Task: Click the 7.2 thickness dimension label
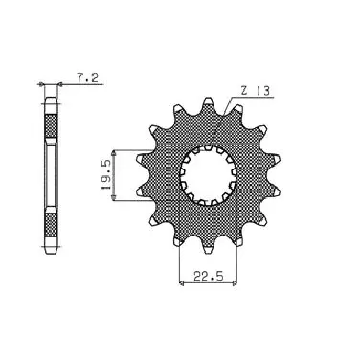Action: tap(87, 78)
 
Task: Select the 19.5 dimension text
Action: tap(105, 175)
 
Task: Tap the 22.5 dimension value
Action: tap(208, 276)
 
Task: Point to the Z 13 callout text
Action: tap(256, 91)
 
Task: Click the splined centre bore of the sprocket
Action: tap(208, 175)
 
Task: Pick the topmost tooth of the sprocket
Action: tap(208, 103)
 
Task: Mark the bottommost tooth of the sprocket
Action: tap(208, 247)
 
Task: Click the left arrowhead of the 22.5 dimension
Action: tap(182, 282)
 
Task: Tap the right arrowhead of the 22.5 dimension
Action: tap(235, 282)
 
